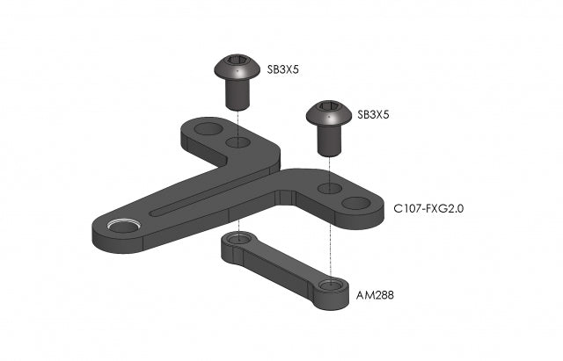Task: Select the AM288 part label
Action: coord(375,295)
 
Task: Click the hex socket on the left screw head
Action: coord(238,62)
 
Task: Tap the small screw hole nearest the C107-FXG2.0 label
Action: coord(327,188)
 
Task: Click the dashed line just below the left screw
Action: coord(238,119)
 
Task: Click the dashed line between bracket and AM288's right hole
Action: coord(329,246)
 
